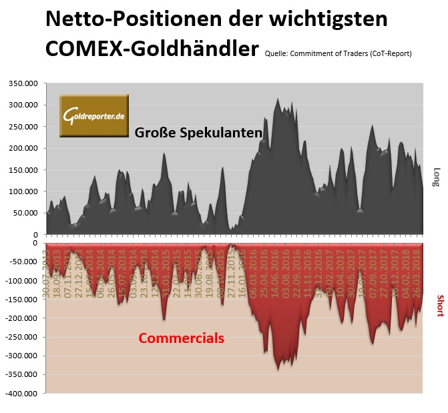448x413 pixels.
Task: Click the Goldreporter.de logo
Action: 93,116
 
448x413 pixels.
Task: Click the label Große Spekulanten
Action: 198,132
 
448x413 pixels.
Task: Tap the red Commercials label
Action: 181,338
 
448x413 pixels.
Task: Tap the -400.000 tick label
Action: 23,394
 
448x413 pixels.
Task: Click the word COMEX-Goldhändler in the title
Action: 152,50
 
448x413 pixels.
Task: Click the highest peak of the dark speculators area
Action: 278,99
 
